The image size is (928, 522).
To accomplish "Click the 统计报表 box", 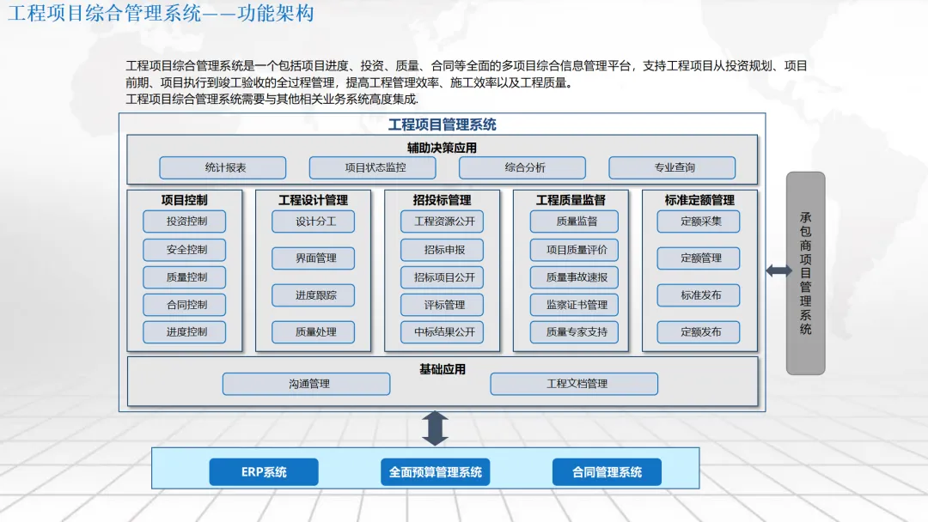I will [223, 167].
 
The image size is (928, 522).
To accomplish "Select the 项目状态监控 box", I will [372, 167].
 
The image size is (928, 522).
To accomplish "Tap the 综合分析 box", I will [522, 167].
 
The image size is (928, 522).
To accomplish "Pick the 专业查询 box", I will [672, 167].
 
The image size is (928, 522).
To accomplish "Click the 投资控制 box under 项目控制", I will [185, 222].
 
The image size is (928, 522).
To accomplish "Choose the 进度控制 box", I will [185, 332].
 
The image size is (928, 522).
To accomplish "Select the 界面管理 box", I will [313, 258].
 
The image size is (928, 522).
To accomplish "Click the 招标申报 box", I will [442, 250].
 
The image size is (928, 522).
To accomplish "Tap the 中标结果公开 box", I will [442, 332].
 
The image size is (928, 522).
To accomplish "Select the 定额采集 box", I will [699, 222].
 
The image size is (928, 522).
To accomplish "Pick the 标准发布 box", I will [699, 295].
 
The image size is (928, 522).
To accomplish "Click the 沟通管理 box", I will [306, 384].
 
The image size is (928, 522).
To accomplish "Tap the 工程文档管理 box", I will [574, 384].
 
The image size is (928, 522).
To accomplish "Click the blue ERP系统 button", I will [264, 472].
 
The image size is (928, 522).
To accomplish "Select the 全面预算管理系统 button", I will [435, 472].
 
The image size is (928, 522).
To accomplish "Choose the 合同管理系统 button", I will [607, 472].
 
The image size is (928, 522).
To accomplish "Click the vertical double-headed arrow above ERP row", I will [435, 428].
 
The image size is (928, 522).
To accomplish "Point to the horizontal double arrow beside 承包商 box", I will [778, 271].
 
